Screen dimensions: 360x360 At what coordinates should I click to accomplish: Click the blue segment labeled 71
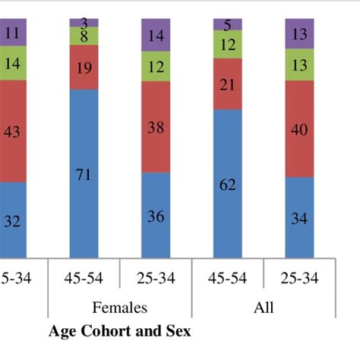[x=84, y=175]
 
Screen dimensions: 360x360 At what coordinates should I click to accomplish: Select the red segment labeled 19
[x=84, y=68]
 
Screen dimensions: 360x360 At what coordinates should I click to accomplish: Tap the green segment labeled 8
[x=84, y=36]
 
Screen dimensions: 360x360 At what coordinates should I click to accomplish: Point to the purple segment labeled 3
[x=84, y=22]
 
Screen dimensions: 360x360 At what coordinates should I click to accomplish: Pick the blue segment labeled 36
[x=156, y=216]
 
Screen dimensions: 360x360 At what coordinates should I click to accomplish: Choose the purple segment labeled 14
[x=156, y=36]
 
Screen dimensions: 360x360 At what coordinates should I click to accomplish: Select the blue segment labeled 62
[x=227, y=183]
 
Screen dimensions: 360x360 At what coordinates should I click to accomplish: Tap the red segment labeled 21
[x=227, y=84]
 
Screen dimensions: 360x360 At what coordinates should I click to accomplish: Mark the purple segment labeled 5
[x=227, y=24]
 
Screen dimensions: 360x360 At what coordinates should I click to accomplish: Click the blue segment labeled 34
[x=299, y=218]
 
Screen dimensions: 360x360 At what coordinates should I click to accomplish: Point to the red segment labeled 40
[x=299, y=129]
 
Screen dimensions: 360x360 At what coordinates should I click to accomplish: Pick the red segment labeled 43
[x=13, y=131]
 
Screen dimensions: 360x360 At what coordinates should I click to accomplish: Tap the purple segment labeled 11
[x=13, y=33]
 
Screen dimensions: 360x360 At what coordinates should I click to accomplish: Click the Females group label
[x=120, y=308]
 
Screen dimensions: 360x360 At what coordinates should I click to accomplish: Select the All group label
[x=264, y=308]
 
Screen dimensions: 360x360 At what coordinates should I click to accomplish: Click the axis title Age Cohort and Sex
[x=119, y=331]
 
